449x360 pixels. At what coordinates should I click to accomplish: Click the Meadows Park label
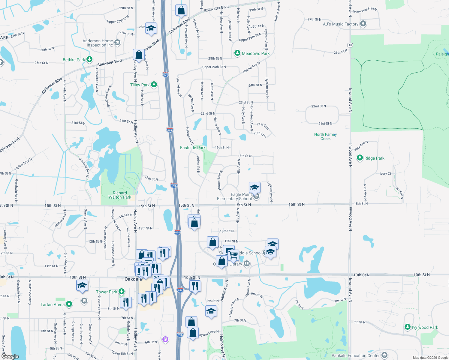(256, 53)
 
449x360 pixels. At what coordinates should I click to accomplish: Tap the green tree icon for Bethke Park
(89, 59)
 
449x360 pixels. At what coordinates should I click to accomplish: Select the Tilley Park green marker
(154, 85)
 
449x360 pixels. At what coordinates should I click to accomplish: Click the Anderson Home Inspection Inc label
(98, 43)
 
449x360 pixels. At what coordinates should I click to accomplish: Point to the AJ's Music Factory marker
(363, 24)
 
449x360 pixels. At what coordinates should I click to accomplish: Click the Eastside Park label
(193, 148)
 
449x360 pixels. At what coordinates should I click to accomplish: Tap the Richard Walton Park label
(120, 195)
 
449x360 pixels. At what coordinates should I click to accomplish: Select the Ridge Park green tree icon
(360, 158)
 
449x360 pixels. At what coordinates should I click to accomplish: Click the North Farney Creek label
(325, 136)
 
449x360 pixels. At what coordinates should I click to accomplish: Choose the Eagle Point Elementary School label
(234, 196)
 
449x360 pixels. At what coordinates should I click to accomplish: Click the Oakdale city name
(133, 279)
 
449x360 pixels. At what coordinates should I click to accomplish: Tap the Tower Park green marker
(121, 291)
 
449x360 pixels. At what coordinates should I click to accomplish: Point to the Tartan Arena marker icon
(69, 304)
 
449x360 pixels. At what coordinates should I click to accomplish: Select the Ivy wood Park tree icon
(407, 327)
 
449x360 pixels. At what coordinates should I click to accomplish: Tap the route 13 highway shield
(350, 45)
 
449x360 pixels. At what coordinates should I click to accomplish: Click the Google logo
(10, 356)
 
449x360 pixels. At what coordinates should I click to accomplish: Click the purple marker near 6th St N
(165, 339)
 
